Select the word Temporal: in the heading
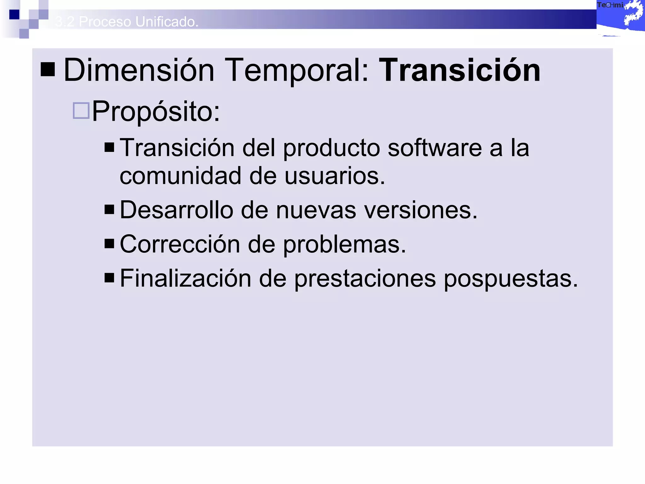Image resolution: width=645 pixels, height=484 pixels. point(296,71)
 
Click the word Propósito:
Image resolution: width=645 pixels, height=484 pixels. point(156,112)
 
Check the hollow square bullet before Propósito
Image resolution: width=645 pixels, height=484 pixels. point(81,111)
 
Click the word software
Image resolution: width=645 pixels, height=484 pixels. point(435,148)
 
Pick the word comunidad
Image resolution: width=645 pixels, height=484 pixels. point(180,176)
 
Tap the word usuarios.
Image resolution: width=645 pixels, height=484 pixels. point(335,176)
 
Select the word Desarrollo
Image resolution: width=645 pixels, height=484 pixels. point(177,210)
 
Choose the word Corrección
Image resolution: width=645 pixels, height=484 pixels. point(180,244)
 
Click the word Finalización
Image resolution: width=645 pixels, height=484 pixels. point(186,278)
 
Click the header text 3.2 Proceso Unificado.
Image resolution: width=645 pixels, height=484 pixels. point(127,22)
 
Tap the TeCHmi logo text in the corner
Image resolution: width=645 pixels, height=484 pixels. point(610,5)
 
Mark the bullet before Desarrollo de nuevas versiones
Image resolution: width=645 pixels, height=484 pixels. point(109,210)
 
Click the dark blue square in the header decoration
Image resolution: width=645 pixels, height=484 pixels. point(14,14)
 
